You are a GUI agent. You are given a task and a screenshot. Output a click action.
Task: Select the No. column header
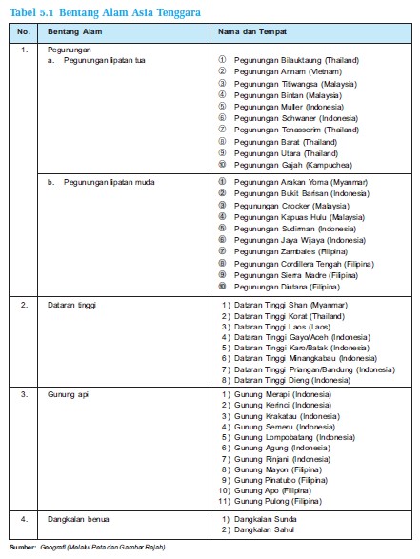click(24, 31)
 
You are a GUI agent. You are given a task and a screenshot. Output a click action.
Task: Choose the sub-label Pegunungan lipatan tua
click(98, 59)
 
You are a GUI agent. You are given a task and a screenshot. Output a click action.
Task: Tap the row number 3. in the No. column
click(24, 393)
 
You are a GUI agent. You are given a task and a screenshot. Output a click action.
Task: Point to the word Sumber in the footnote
click(21, 549)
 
